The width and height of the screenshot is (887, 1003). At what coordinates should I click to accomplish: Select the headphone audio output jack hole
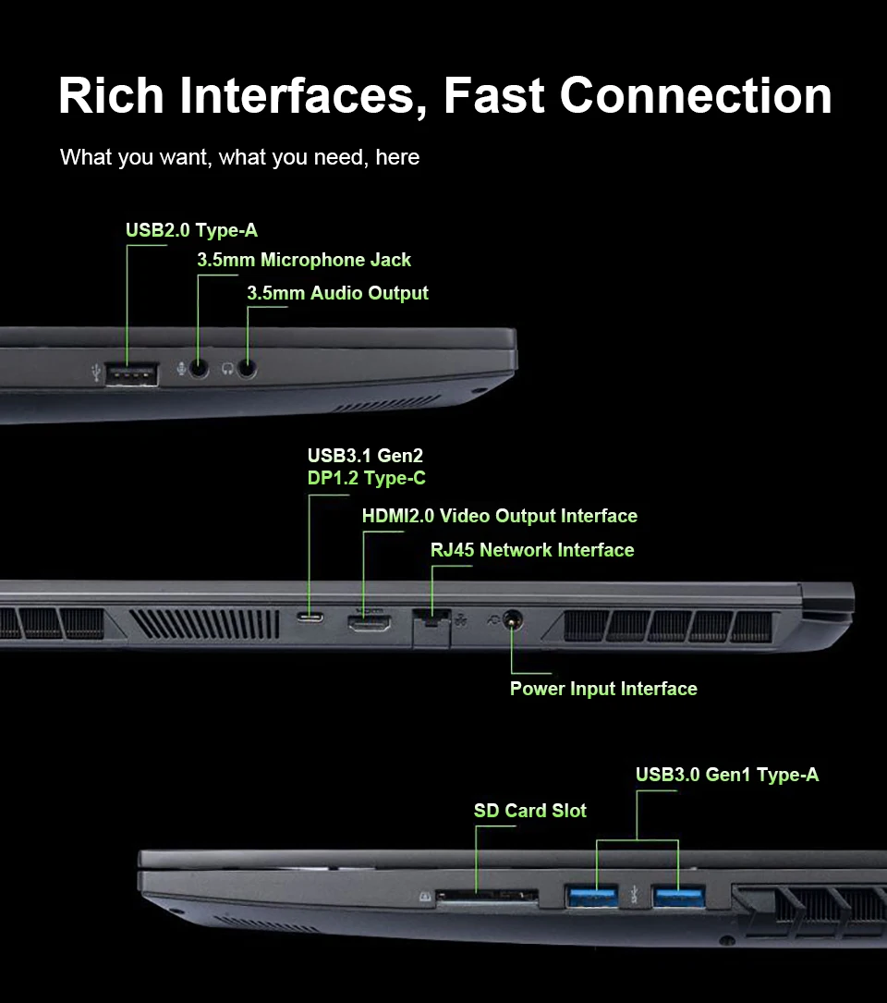coord(247,368)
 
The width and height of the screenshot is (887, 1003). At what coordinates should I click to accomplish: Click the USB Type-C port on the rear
coord(310,618)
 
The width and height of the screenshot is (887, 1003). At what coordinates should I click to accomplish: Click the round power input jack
coord(510,621)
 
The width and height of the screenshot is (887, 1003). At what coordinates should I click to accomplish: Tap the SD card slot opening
coord(487,896)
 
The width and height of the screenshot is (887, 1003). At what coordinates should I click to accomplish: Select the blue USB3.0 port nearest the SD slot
coord(592,895)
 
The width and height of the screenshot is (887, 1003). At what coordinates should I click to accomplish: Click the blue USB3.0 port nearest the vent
coord(679,895)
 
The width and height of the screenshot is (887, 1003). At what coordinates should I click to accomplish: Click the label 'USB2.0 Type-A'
coord(191,230)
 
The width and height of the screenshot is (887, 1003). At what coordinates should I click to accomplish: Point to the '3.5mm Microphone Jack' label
coord(304,261)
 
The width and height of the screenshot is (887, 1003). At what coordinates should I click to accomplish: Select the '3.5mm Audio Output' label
coord(337,294)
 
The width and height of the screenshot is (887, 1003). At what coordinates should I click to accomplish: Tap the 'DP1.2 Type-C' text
coord(366,479)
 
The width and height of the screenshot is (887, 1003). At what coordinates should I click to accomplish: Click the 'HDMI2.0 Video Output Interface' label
coord(499,516)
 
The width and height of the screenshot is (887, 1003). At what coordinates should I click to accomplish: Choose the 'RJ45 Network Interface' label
coord(532,550)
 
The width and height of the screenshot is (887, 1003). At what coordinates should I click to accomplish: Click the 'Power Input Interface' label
coord(603,689)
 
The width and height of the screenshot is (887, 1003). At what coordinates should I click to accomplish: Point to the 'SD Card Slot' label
coord(529,811)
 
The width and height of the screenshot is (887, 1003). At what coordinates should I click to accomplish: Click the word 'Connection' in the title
coord(695,95)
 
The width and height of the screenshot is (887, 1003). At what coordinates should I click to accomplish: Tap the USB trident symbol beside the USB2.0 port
coord(98,373)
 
